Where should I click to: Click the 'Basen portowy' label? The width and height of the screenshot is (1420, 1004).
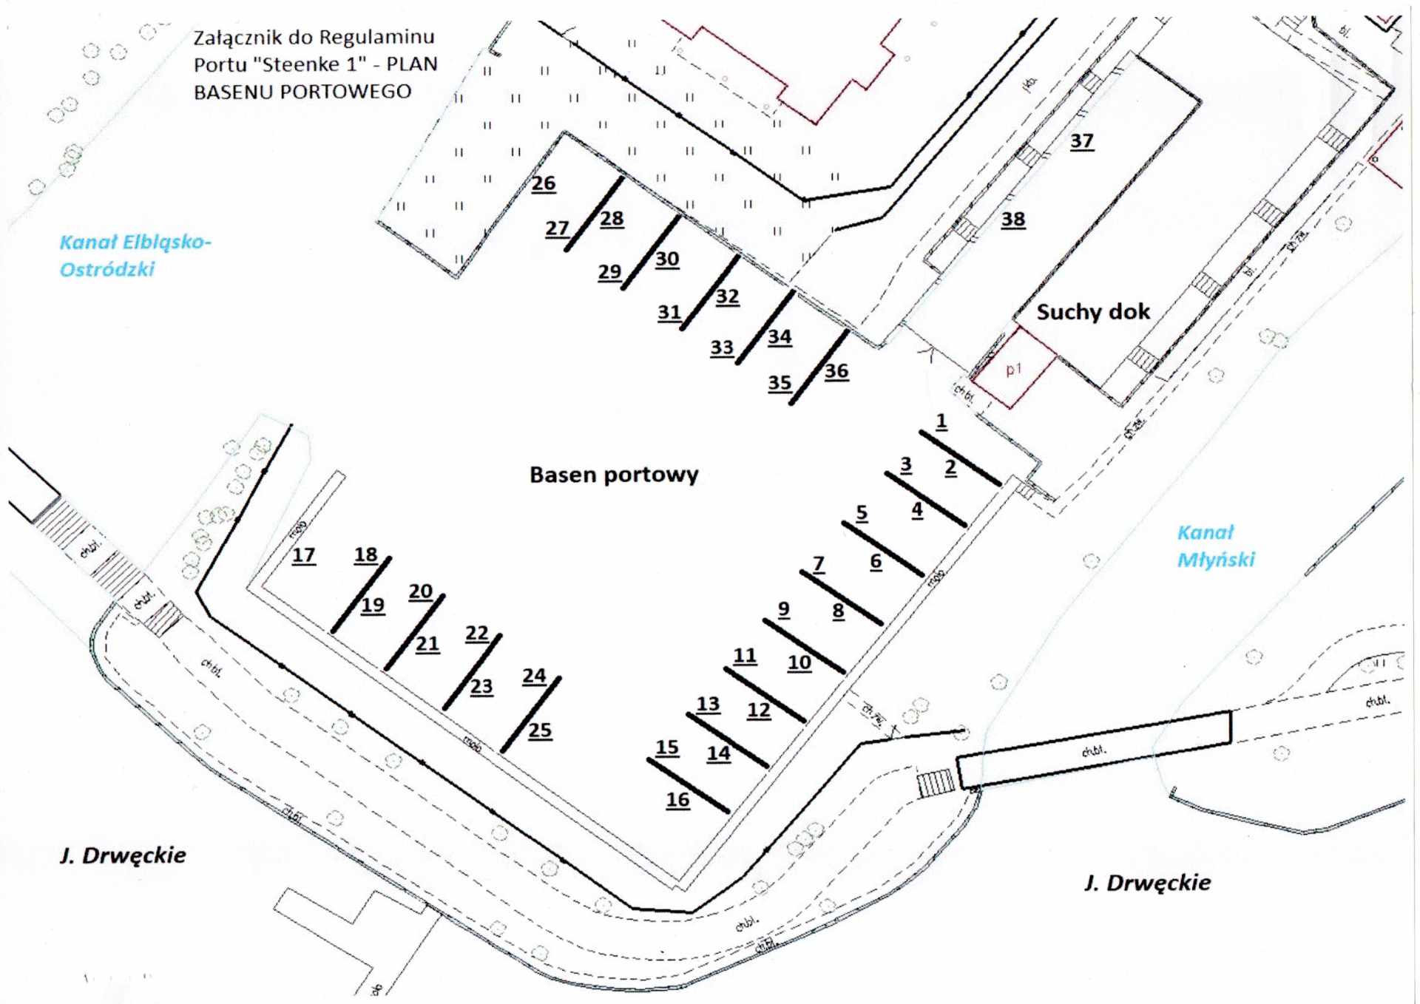point(614,475)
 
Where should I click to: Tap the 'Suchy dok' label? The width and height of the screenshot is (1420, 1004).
point(1093,312)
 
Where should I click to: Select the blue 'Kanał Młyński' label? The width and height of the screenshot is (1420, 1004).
point(1215,546)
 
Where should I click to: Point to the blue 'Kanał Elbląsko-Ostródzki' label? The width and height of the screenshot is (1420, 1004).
point(135,255)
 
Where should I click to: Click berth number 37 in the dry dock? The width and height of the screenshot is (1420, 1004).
point(1081,140)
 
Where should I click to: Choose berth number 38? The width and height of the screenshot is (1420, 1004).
point(1013,219)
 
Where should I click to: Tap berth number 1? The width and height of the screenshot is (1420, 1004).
point(941,421)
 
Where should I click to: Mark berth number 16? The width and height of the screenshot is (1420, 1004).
point(677,799)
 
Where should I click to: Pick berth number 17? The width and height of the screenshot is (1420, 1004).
point(303,554)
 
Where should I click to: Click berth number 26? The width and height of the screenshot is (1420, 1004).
point(544,183)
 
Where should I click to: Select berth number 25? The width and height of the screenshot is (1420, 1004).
point(540,730)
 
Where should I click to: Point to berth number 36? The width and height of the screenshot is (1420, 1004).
point(836,371)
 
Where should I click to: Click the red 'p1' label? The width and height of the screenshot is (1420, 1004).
point(1013,368)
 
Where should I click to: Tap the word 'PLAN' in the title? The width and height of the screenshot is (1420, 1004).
point(412,64)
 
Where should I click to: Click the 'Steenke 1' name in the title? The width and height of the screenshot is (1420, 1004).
point(310,64)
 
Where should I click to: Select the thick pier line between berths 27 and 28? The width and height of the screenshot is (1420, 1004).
point(594,214)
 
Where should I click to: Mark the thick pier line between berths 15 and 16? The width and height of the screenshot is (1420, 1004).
point(688,785)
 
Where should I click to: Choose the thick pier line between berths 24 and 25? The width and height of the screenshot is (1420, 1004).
point(531,714)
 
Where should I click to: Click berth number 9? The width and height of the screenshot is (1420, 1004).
point(783,609)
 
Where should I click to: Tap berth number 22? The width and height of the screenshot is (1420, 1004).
point(477,633)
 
